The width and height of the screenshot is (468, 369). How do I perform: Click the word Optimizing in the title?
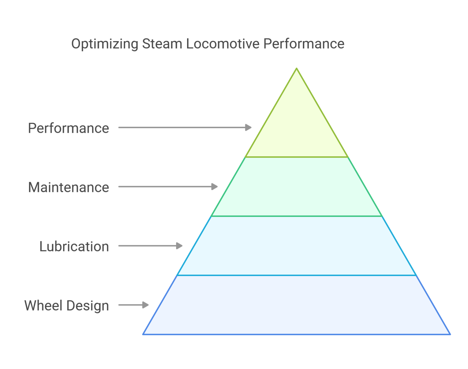pyautogui.click(x=105, y=44)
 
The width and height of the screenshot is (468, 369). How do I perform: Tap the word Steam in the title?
pyautogui.click(x=162, y=44)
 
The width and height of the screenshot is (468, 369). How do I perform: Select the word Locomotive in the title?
pyautogui.click(x=223, y=44)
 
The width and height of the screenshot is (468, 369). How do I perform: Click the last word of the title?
pyautogui.click(x=304, y=44)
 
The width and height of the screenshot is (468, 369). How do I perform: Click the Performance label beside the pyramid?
pyautogui.click(x=69, y=128)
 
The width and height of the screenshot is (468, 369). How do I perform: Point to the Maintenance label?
pyautogui.click(x=69, y=187)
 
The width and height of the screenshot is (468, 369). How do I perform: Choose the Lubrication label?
pyautogui.click(x=74, y=246)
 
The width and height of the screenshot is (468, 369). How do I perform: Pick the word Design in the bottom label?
pyautogui.click(x=88, y=306)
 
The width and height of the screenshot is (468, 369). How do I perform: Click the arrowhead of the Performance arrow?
pyautogui.click(x=248, y=127)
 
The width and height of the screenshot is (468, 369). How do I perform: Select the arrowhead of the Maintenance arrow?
pyautogui.click(x=214, y=187)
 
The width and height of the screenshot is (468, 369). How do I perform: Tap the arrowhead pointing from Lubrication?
pyautogui.click(x=179, y=246)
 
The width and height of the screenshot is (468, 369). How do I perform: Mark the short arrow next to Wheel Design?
pyautogui.click(x=133, y=305)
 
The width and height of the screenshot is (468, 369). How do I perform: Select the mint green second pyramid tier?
pyautogui.click(x=297, y=187)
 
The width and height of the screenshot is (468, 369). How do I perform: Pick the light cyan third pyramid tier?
pyautogui.click(x=297, y=246)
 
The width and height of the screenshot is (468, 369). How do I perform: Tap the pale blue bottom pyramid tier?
pyautogui.click(x=297, y=305)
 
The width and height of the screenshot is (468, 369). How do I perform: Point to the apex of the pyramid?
pyautogui.click(x=297, y=68)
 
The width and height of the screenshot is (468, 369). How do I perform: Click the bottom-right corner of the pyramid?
pyautogui.click(x=450, y=334)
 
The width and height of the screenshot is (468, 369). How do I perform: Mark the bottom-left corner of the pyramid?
pyautogui.click(x=143, y=334)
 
